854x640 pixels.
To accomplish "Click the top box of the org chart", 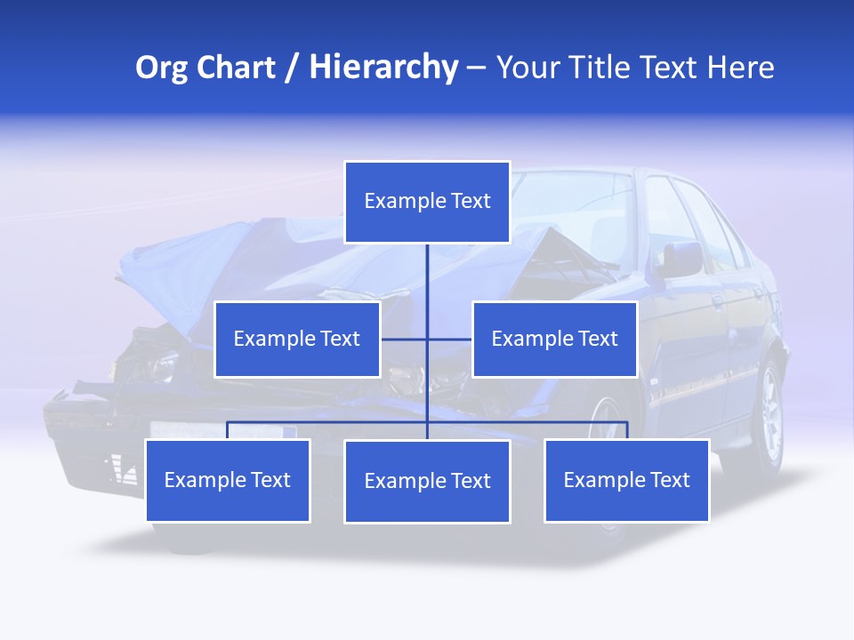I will coord(427,202).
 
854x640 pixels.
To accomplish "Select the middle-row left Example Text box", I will coord(297,339).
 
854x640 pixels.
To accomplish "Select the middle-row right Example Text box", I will coord(554,339).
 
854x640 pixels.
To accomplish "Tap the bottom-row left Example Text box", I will coord(227,480).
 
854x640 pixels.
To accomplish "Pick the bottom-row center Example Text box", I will coord(427,481).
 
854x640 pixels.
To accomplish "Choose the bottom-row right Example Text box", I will coord(626,480).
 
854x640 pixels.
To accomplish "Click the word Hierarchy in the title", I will coord(383,67).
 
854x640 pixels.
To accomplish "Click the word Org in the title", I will coord(162,67).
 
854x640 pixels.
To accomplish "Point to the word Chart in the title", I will coord(236,67).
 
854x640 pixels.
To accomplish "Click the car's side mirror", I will coord(681,260).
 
